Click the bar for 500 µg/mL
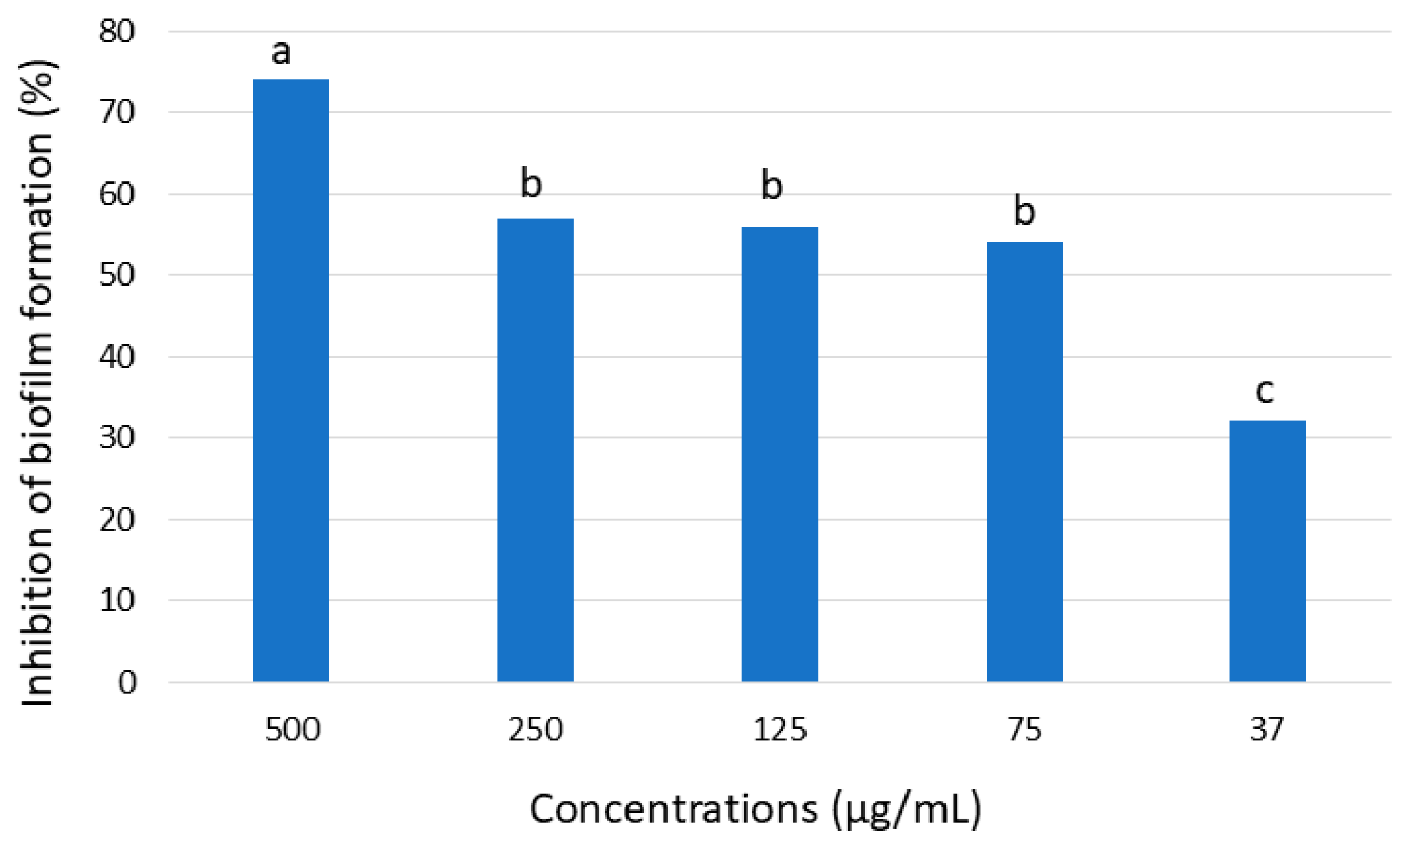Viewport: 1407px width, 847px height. pos(290,380)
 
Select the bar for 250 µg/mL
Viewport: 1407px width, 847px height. pos(535,450)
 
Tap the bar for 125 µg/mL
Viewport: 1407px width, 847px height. pos(780,453)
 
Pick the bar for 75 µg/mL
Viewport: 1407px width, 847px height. pos(1024,462)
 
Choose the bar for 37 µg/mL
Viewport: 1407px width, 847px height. pos(1267,551)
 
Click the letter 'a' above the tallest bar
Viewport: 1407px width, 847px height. pos(281,53)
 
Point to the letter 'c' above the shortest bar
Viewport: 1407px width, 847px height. pos(1265,391)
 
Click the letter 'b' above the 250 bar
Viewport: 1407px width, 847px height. pos(531,184)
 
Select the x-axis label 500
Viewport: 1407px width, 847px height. pos(292,730)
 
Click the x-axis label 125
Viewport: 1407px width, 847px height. pos(780,730)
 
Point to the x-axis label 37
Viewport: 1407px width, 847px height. pos(1267,730)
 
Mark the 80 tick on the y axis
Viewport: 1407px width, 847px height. pos(117,31)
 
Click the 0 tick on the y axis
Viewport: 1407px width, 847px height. pos(127,683)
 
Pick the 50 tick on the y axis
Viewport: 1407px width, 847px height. pos(117,275)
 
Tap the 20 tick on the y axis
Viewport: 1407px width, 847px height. pos(117,520)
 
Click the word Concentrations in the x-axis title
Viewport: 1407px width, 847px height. pos(673,809)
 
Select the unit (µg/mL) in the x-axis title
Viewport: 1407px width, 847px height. pos(907,809)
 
